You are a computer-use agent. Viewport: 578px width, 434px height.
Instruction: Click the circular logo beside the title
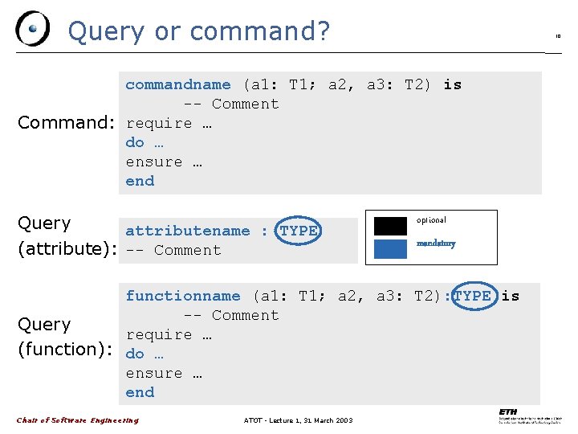pos(33,29)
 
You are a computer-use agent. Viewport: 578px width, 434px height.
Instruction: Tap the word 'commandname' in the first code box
pos(177,84)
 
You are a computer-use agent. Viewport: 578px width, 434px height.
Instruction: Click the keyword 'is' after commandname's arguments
pos(453,84)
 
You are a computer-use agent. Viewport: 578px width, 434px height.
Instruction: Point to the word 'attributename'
pos(187,231)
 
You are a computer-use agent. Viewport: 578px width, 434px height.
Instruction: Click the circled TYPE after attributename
pos(299,231)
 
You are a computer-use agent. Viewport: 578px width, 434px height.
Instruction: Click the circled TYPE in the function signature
pos(472,296)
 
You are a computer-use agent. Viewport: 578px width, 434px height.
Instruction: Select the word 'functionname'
pos(182,296)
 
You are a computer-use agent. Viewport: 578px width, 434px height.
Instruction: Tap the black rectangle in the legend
pos(390,226)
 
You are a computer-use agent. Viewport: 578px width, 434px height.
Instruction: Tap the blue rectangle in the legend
pos(390,248)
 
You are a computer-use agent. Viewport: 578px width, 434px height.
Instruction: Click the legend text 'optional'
pos(431,220)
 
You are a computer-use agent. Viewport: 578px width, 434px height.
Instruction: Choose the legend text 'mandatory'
pos(436,244)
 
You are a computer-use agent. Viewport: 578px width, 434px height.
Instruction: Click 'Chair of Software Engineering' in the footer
pos(77,420)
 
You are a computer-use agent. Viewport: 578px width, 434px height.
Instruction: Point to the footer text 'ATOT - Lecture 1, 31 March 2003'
pos(298,420)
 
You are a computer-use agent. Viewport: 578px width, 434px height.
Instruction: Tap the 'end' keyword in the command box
pos(140,181)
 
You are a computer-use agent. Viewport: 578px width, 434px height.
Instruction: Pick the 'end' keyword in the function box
pos(140,392)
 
